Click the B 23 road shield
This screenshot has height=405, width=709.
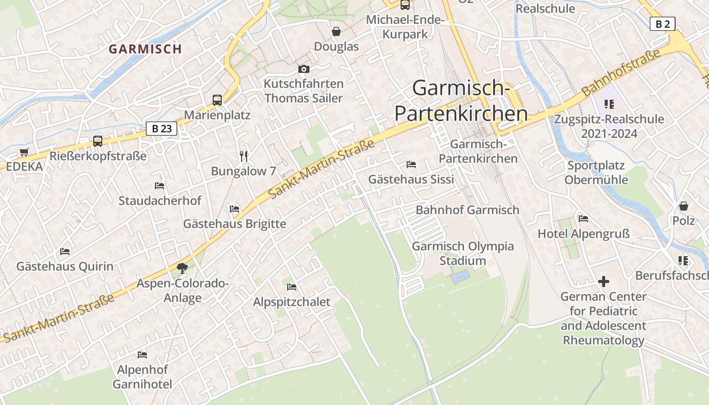(162, 129)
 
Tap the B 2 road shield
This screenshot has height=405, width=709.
(662, 23)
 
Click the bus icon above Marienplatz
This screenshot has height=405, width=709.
(217, 100)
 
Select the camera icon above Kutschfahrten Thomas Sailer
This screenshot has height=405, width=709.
(303, 69)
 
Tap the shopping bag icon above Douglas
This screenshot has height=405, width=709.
(336, 32)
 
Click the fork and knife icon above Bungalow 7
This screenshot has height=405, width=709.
(244, 156)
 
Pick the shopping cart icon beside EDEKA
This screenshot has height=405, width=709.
(24, 152)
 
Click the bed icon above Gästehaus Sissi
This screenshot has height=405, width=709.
(411, 165)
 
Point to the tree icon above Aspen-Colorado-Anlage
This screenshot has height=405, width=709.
(182, 268)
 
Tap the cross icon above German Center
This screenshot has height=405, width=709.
(603, 281)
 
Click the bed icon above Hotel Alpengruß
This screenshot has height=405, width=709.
(583, 219)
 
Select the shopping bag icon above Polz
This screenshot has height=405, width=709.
(684, 206)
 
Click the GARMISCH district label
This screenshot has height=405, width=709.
(145, 49)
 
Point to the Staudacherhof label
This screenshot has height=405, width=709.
(160, 200)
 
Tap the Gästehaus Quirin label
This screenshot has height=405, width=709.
(65, 266)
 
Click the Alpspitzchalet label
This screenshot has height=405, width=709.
(292, 302)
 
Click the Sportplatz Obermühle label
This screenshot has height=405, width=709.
(596, 173)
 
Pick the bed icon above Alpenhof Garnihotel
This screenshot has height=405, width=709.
(142, 354)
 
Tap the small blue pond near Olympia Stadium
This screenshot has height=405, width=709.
(460, 276)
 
